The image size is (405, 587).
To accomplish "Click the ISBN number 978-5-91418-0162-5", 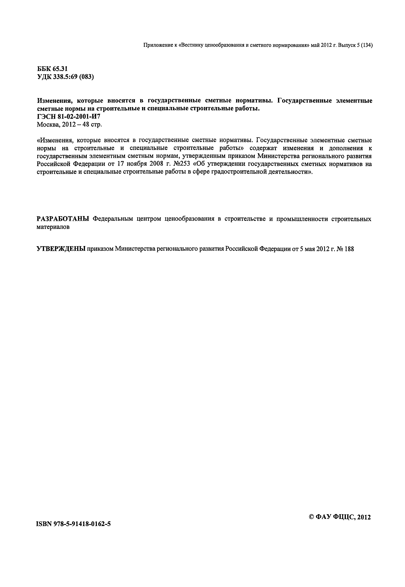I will (x=74, y=524).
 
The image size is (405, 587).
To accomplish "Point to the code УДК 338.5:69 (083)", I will (x=65, y=77).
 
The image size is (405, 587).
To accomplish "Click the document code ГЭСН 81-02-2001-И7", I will (x=69, y=117).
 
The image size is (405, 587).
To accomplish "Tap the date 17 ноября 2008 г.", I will (x=143, y=164).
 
